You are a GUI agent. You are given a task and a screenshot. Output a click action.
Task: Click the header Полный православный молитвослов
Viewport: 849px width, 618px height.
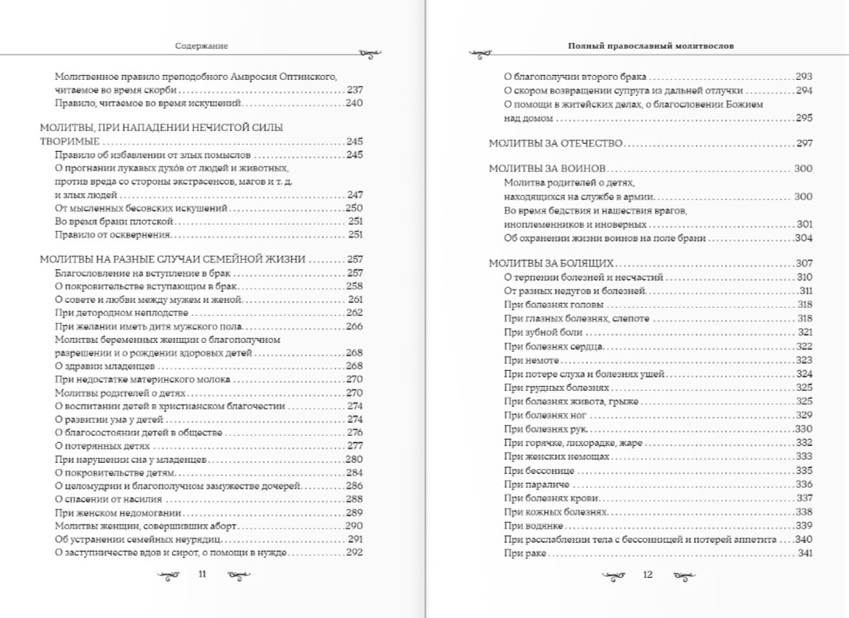[651, 46]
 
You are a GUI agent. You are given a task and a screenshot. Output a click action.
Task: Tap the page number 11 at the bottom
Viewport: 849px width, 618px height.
[202, 574]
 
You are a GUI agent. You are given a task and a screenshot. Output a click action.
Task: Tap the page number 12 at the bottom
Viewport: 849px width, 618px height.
[648, 574]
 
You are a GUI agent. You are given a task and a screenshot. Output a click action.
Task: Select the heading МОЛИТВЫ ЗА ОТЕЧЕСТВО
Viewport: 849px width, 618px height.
[555, 144]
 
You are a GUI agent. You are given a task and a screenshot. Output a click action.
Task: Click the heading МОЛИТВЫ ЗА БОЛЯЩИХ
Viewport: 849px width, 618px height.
[551, 263]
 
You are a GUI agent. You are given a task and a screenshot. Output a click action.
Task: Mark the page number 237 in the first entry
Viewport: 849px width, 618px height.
[355, 90]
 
